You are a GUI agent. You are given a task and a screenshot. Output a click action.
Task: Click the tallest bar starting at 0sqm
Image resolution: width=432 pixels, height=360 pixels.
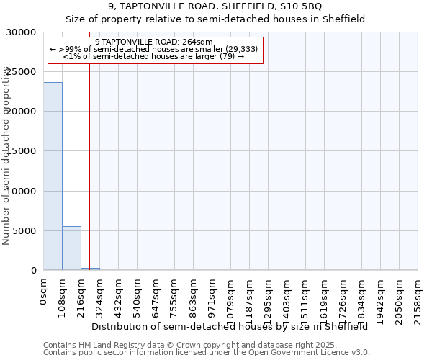53,176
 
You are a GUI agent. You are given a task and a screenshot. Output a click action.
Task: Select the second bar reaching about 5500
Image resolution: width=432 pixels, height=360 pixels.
71,248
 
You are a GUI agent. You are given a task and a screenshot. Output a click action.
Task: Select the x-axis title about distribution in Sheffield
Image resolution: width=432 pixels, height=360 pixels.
230,326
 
